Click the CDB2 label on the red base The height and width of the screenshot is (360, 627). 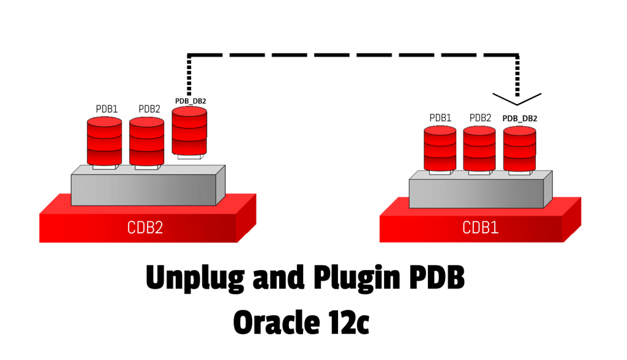tap(145, 227)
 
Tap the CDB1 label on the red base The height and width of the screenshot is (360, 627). tap(480, 228)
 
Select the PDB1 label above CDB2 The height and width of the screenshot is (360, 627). tap(107, 109)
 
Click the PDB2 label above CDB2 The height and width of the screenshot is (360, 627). tap(149, 109)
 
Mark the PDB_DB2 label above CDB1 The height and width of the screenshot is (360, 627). tap(519, 118)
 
